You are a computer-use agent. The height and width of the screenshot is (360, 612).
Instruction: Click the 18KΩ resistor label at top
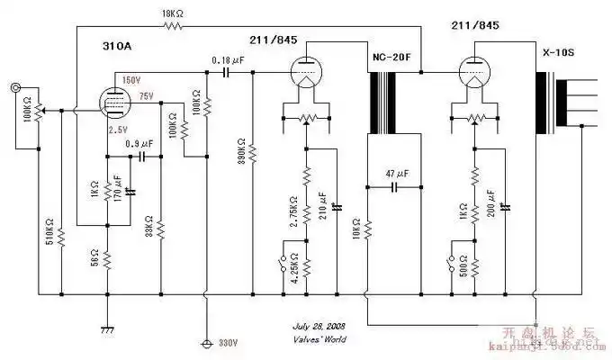click(x=171, y=15)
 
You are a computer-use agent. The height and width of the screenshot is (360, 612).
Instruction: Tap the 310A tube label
click(x=119, y=43)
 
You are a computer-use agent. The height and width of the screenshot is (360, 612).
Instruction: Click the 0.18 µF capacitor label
click(x=228, y=59)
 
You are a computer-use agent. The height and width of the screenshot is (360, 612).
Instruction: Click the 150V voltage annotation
click(x=131, y=81)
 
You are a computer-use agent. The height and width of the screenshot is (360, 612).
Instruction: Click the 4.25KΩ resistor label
click(x=294, y=266)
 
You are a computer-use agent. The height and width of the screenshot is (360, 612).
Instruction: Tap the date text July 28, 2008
click(x=319, y=326)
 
